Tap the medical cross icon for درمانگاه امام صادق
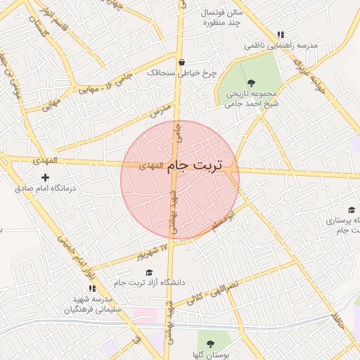point(46,176)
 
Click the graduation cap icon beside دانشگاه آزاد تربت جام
point(148,272)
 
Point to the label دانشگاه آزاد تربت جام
point(149,283)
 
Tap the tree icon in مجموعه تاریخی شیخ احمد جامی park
point(252,83)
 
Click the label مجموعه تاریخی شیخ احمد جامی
point(251,98)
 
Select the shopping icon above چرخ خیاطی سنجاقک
point(181,61)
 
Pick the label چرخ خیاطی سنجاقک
point(181,72)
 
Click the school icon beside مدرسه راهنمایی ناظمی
point(281,34)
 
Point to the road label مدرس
point(160,112)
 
